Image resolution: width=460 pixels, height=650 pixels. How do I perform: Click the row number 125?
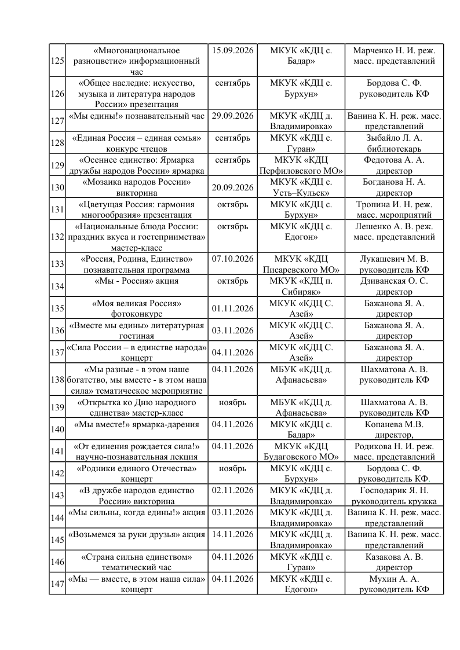pyautogui.click(x=57, y=61)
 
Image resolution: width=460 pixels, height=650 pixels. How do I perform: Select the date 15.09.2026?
pyautogui.click(x=232, y=50)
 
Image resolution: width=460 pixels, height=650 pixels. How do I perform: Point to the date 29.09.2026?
pyautogui.click(x=232, y=116)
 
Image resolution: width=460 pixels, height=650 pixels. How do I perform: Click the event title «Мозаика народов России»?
pyautogui.click(x=137, y=182)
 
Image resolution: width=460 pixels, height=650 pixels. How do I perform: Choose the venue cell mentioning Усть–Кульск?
pyautogui.click(x=301, y=187)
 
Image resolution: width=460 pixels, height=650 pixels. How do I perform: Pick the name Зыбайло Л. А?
pyautogui.click(x=394, y=138)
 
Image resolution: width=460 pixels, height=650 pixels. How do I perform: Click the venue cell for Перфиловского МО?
pyautogui.click(x=301, y=165)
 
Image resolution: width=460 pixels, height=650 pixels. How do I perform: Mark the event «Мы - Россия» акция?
pyautogui.click(x=137, y=281)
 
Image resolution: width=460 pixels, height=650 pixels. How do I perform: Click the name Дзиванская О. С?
pyautogui.click(x=394, y=281)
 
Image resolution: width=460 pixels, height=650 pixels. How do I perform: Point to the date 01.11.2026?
pyautogui.click(x=232, y=308)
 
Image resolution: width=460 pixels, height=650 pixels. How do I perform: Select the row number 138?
pyautogui.click(x=57, y=380)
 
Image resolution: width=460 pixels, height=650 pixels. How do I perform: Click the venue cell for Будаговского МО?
pyautogui.click(x=301, y=451)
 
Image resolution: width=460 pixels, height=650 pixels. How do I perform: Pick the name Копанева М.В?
pyautogui.click(x=394, y=424)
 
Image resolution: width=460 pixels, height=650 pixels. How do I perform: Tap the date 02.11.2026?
pyautogui.click(x=232, y=490)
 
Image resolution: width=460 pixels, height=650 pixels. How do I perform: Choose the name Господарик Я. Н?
pyautogui.click(x=394, y=490)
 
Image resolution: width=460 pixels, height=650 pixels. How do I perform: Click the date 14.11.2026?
pyautogui.click(x=232, y=534)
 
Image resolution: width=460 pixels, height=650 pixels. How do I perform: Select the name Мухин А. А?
pyautogui.click(x=394, y=578)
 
